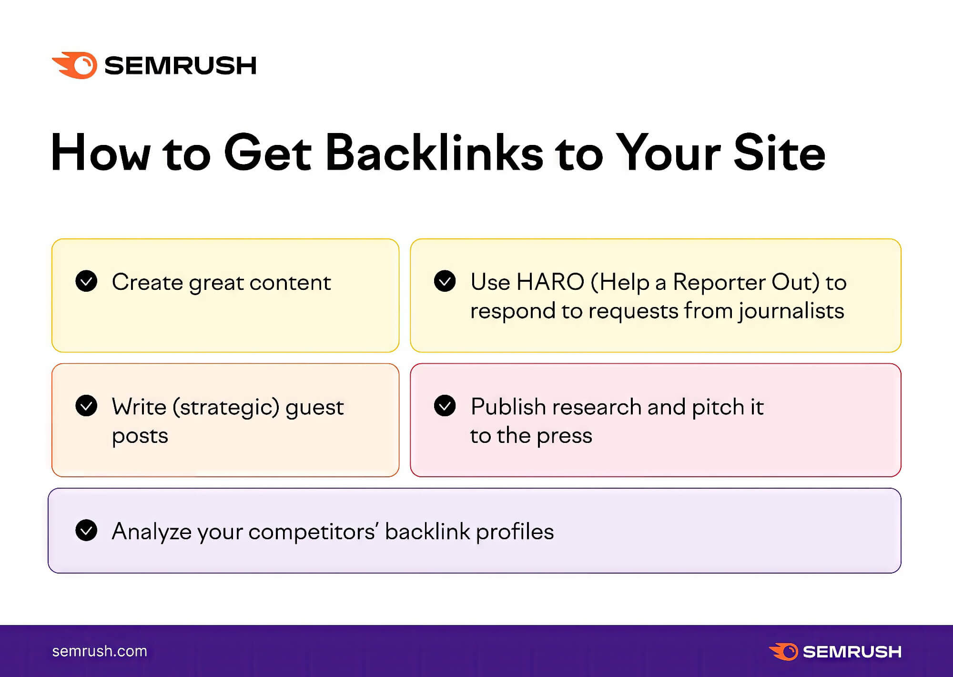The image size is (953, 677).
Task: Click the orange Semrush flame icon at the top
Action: (75, 65)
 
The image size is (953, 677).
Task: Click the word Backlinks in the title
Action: (434, 153)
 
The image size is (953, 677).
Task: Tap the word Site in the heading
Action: (780, 153)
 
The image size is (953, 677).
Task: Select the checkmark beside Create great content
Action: (86, 281)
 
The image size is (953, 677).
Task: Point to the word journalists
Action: (791, 311)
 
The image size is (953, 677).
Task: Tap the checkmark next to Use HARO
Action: (445, 281)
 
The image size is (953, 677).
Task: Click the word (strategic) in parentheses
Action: (226, 407)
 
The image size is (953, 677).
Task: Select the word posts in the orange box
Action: (140, 436)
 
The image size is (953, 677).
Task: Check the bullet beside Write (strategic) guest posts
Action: (86, 406)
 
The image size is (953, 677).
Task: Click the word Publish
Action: (508, 407)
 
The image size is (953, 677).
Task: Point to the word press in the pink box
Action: (565, 436)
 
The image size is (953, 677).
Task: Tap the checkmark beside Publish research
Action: (445, 406)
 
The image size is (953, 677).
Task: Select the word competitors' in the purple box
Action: (314, 532)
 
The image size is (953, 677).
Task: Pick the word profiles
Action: (515, 532)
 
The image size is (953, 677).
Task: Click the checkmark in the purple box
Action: (86, 530)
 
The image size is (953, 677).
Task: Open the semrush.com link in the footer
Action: (100, 651)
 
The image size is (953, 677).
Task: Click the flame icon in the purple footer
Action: (783, 652)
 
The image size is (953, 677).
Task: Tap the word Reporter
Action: (719, 282)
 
